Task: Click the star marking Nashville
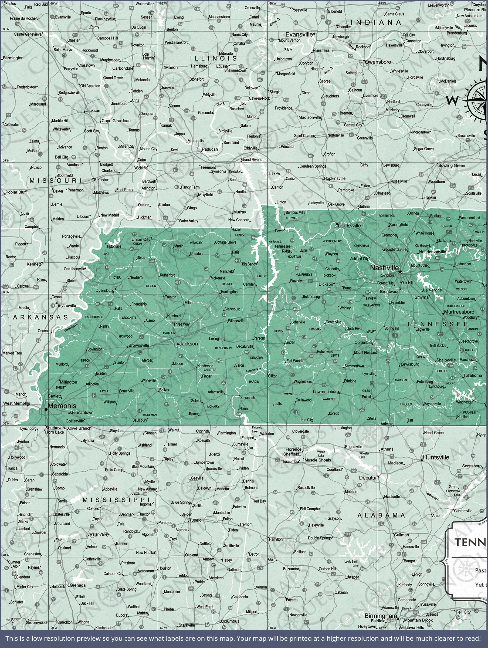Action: (x=400, y=272)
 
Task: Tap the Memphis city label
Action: (x=62, y=406)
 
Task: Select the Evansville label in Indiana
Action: (x=299, y=34)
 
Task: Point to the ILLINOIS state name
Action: (x=213, y=58)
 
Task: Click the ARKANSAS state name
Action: (x=40, y=317)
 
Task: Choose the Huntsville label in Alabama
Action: (x=436, y=457)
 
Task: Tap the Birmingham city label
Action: (x=381, y=616)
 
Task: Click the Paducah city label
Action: (x=210, y=149)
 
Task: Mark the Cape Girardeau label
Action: (x=116, y=121)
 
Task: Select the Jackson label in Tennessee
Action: (x=188, y=344)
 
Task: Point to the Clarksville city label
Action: (x=349, y=225)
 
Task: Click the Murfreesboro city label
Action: (x=459, y=312)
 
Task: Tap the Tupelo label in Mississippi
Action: (x=195, y=520)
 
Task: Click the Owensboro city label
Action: (x=378, y=62)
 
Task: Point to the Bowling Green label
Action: (x=451, y=166)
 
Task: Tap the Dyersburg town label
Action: (x=105, y=290)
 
